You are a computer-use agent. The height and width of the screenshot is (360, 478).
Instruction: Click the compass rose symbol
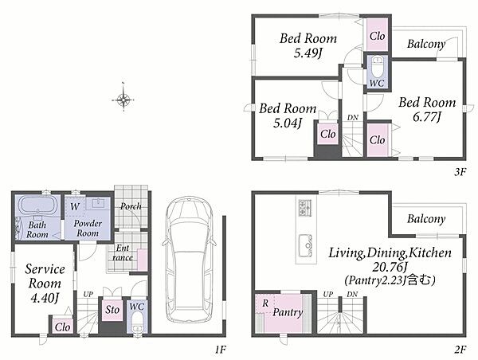click(123, 99)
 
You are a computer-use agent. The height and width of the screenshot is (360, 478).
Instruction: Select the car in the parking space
click(189, 259)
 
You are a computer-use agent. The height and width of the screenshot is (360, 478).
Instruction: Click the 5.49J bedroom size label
click(308, 53)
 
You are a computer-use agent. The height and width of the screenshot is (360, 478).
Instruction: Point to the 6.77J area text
click(427, 117)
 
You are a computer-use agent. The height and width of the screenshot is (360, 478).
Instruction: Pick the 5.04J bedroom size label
click(288, 123)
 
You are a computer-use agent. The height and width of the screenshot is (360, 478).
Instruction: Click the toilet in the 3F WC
click(377, 68)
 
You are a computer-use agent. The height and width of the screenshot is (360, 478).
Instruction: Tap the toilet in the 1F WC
click(138, 323)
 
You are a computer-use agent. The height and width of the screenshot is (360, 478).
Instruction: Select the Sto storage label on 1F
click(112, 310)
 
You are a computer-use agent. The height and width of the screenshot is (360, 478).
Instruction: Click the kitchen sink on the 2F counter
click(306, 245)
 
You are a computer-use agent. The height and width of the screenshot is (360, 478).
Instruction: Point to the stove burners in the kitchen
click(305, 208)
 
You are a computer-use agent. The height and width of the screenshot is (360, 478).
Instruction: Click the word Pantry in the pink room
click(288, 312)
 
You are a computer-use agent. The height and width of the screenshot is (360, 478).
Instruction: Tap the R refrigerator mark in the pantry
click(265, 303)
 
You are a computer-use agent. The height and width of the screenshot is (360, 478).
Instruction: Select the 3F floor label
click(460, 172)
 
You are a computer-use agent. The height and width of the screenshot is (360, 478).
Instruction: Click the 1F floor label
click(220, 350)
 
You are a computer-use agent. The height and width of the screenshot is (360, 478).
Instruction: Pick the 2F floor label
click(460, 350)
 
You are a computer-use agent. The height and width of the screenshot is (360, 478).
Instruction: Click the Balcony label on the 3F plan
click(426, 44)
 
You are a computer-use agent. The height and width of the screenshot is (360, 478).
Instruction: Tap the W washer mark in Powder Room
click(75, 206)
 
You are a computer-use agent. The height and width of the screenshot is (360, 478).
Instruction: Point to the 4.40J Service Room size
click(45, 298)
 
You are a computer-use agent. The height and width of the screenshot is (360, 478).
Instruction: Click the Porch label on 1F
click(131, 206)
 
